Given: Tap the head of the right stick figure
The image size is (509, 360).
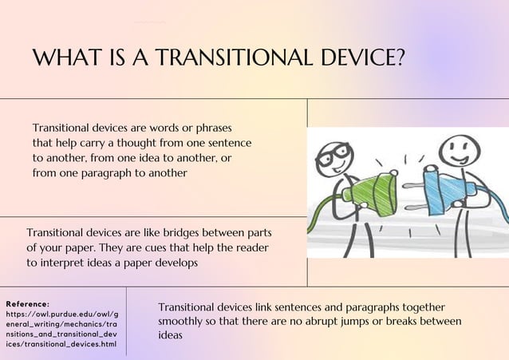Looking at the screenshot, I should point(456,150).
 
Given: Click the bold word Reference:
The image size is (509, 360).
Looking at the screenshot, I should point(27,303).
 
